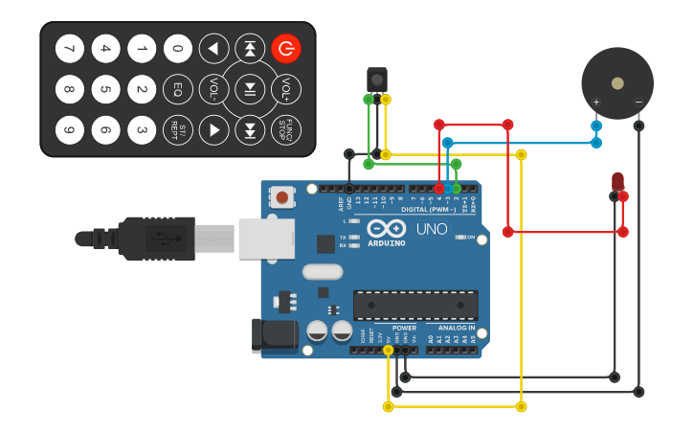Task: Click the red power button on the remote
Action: point(285,48)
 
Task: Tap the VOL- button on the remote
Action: point(213,90)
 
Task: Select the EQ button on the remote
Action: point(177,90)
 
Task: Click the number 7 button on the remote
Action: point(69,48)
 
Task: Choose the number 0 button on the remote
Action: point(177,48)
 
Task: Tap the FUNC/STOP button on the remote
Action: point(285,129)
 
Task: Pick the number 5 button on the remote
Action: point(105,90)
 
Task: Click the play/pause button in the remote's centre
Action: point(250,90)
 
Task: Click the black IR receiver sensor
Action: point(377,78)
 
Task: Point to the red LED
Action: point(617,180)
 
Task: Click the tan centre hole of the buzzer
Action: point(617,82)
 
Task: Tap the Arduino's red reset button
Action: point(282,197)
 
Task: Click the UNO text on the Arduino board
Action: point(431,230)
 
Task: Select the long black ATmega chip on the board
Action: point(415,306)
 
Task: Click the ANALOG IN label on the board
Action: point(451,328)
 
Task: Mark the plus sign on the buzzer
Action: point(596,103)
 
